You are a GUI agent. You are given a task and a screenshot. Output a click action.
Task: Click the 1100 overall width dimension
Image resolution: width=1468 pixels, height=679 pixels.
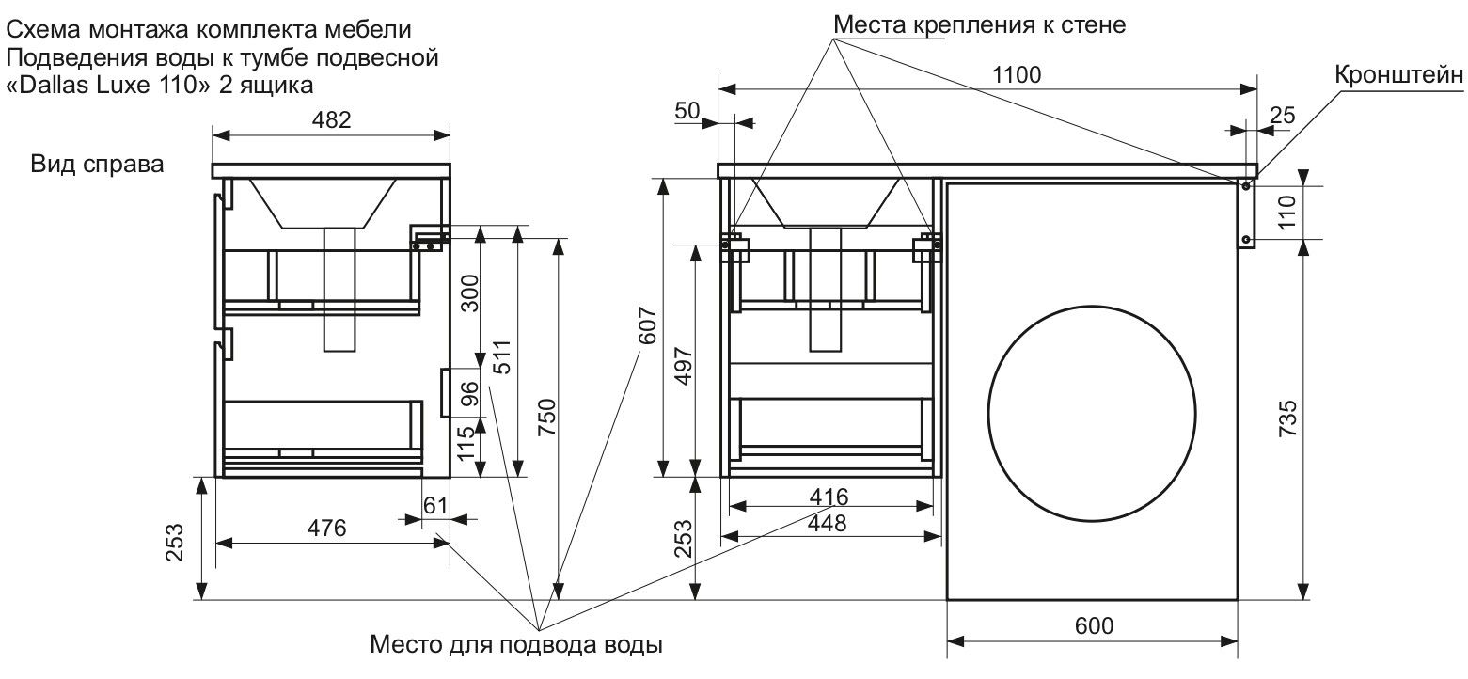(1017, 75)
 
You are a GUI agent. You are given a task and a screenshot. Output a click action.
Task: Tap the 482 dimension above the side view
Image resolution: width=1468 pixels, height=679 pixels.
(330, 119)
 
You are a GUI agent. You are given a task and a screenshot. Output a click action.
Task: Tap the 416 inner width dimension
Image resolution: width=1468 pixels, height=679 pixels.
(829, 496)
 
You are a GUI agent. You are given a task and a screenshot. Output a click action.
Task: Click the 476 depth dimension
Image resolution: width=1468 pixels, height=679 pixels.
(328, 528)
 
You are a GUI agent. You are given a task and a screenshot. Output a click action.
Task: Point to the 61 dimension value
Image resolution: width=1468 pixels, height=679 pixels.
(435, 506)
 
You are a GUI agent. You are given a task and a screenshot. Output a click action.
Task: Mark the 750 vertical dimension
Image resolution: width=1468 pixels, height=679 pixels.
(547, 419)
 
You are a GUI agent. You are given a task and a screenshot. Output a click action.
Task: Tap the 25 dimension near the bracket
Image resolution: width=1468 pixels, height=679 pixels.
(1282, 116)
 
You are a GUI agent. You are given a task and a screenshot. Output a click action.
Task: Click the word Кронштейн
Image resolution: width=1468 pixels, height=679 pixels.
(1399, 76)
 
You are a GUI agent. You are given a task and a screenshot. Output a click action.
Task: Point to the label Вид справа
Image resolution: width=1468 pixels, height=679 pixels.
(98, 164)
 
